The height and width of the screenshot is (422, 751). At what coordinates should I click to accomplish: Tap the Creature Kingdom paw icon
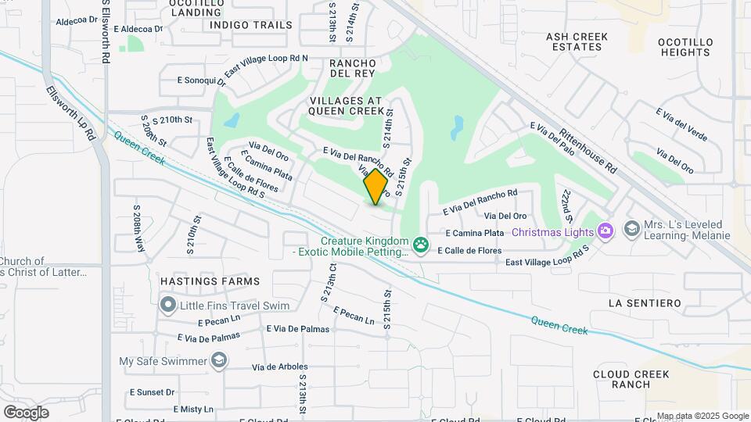421,246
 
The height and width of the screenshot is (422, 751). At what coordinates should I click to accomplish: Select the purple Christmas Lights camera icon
605,231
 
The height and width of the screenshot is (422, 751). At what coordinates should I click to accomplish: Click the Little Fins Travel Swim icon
167,305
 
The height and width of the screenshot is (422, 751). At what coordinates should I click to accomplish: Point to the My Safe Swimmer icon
220,360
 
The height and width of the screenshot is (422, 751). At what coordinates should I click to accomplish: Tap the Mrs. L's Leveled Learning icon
631,228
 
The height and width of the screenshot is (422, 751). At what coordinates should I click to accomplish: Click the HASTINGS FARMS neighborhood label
210,281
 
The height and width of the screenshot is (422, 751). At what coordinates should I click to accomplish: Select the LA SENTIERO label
645,302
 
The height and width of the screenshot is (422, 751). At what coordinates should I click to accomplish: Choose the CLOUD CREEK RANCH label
631,379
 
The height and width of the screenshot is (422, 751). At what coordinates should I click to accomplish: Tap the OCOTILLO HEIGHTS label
684,47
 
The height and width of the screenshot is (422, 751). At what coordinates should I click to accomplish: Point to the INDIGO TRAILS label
250,25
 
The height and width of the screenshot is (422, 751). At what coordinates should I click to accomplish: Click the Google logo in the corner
26,412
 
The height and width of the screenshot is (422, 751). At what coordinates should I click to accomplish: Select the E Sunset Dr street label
153,392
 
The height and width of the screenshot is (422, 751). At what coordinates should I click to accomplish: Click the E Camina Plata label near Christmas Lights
475,233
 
